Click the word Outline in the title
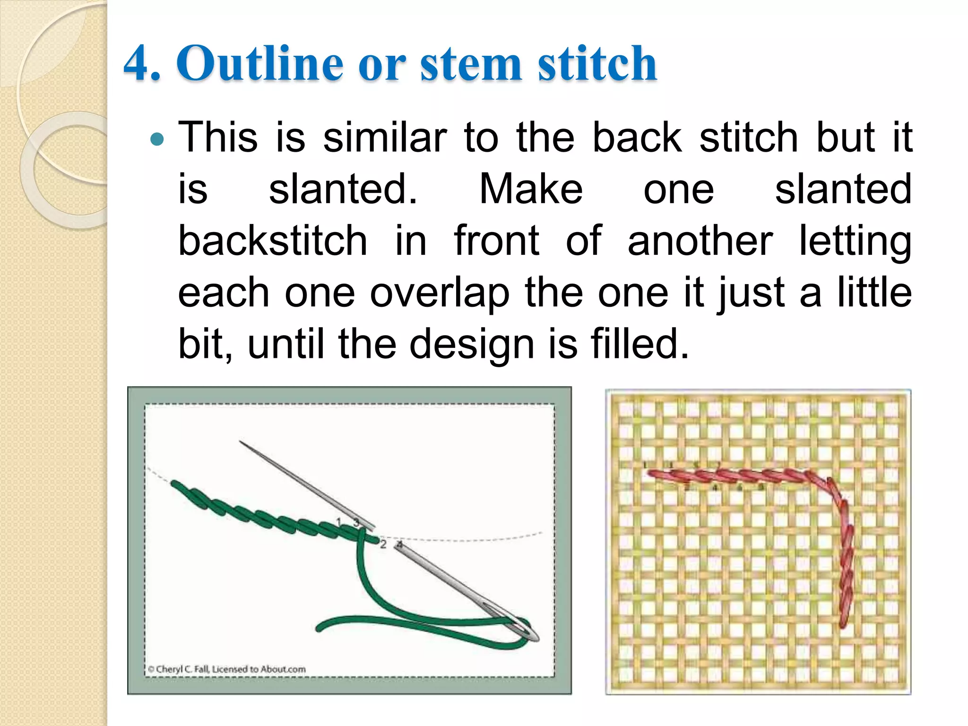(x=259, y=63)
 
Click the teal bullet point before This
(x=156, y=139)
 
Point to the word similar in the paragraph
(x=385, y=138)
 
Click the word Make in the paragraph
(x=531, y=189)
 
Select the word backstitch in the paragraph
(x=273, y=241)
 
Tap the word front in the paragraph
(x=496, y=241)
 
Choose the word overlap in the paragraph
(x=440, y=293)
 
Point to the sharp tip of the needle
(x=241, y=442)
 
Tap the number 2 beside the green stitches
(x=383, y=544)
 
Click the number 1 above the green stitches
(x=339, y=522)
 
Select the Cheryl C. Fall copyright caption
(x=226, y=669)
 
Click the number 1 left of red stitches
(x=645, y=466)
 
